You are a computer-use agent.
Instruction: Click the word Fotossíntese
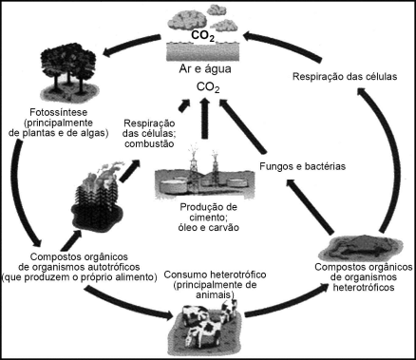(58, 112)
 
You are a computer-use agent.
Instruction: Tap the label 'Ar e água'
(205, 68)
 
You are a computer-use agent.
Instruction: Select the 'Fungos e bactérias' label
(303, 166)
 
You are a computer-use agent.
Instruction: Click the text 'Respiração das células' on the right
(345, 77)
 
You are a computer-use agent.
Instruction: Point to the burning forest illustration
(97, 198)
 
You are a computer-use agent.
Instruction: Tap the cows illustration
(206, 326)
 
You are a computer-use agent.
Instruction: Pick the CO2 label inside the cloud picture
(202, 36)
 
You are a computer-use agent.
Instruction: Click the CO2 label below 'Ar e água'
(208, 87)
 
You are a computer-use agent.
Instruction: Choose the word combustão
(149, 143)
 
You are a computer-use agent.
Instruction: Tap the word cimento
(209, 218)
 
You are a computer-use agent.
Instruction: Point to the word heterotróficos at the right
(364, 288)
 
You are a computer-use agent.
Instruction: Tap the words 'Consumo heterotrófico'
(215, 275)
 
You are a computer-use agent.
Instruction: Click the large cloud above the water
(190, 21)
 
